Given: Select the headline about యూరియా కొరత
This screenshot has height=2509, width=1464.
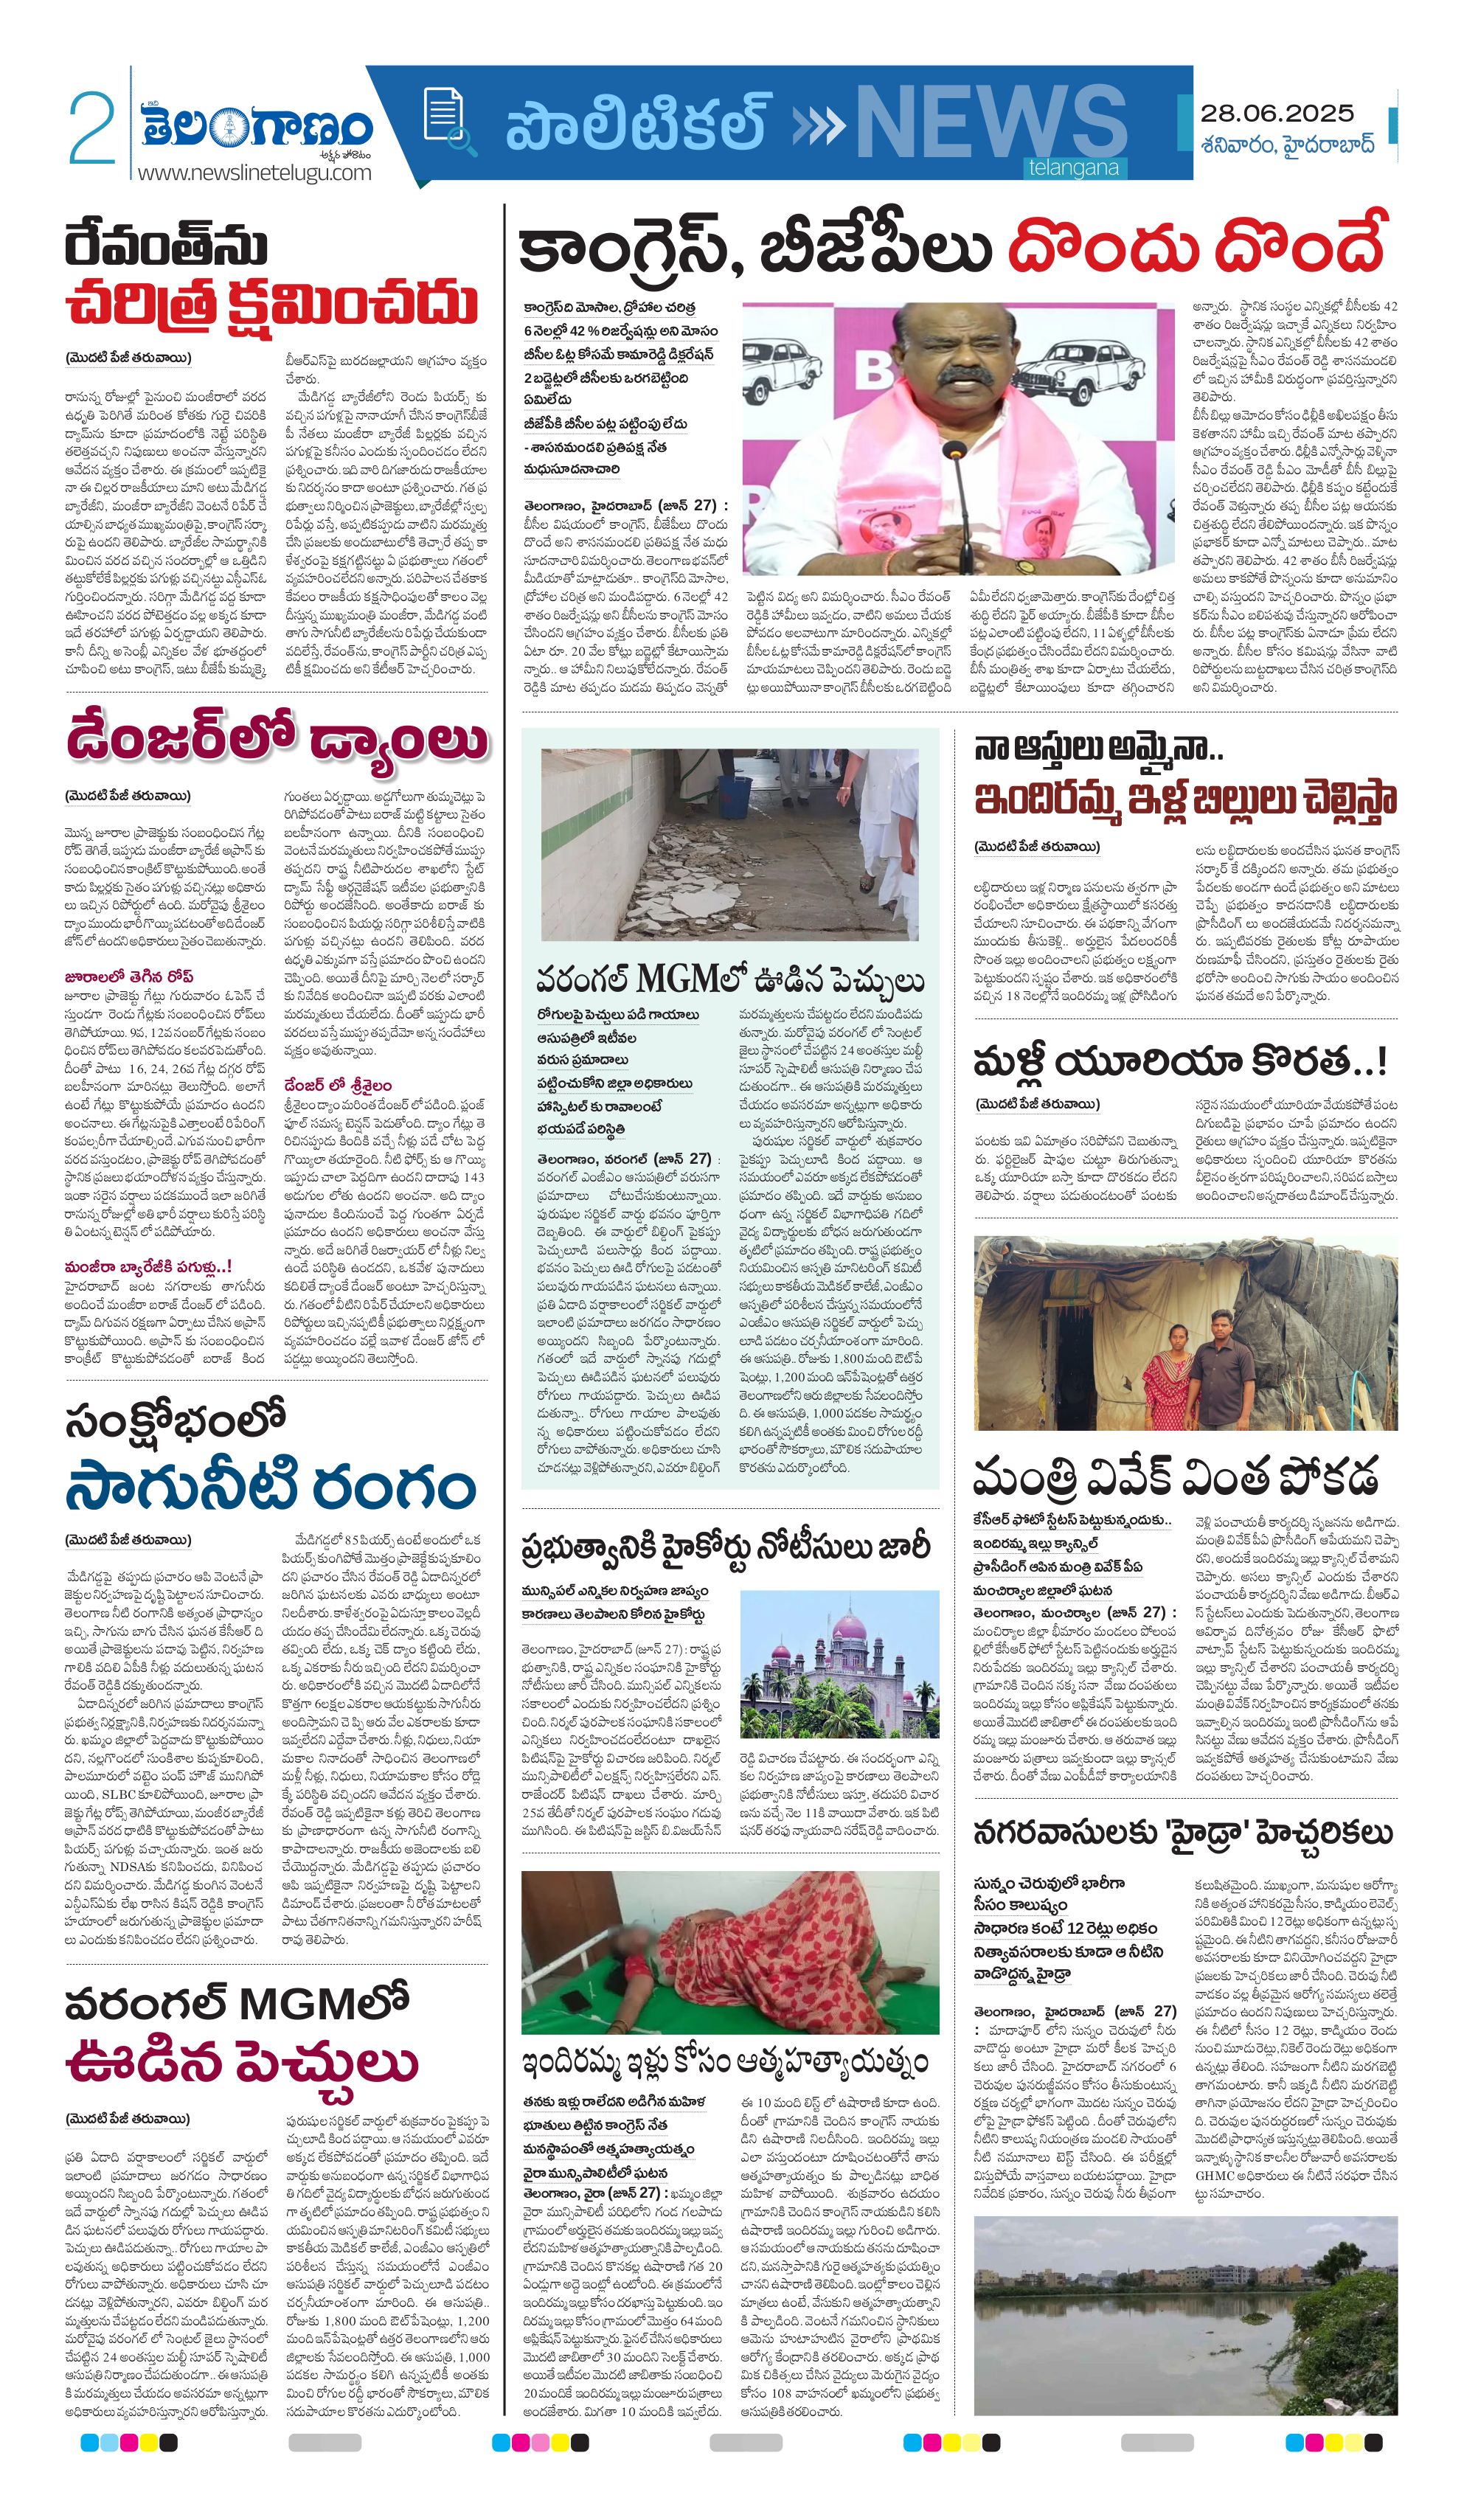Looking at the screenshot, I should pos(1180,1062).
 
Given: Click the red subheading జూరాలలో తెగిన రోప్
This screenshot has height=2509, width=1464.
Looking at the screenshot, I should pos(130,976).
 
